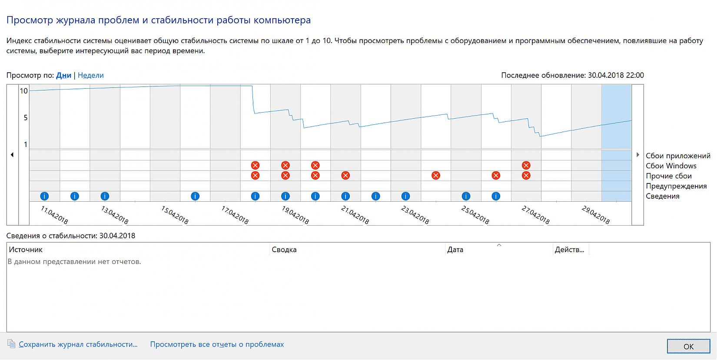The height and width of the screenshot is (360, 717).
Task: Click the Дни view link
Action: point(63,75)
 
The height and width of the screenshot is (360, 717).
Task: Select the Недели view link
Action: point(90,75)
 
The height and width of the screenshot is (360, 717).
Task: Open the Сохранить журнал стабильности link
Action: point(78,344)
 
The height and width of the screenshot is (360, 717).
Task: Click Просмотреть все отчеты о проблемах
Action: point(217,344)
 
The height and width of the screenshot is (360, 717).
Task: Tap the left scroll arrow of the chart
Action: point(12,154)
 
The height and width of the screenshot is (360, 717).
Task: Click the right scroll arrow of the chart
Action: point(637,154)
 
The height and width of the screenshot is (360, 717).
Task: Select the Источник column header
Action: point(26,250)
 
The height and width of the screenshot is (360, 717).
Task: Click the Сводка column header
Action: point(284,250)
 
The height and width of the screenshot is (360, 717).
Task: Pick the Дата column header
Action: point(455,250)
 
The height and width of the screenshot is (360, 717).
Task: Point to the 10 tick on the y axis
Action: point(23,91)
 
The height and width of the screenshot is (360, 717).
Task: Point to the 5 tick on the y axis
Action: point(26,118)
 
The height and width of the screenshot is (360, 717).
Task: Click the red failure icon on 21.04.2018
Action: point(345,176)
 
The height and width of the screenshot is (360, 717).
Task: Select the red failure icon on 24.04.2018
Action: point(436,176)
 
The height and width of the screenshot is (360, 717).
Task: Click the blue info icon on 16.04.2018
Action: point(195,196)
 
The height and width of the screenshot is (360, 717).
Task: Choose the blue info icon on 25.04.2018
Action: point(466,196)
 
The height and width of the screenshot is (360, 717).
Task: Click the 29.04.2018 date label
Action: point(596,215)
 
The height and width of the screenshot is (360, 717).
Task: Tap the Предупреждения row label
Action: point(676,186)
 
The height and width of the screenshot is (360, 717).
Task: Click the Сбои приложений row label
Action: point(677,156)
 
